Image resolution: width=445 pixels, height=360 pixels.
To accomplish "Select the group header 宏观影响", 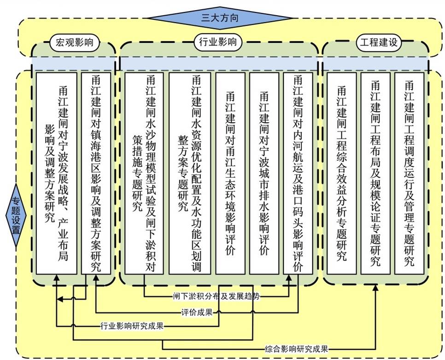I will (74, 43).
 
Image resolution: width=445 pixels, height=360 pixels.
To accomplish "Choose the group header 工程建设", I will (378, 43).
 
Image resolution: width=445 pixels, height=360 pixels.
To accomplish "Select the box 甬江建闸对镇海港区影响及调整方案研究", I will (96, 173).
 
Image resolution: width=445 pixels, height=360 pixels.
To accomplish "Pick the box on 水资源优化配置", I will (189, 173).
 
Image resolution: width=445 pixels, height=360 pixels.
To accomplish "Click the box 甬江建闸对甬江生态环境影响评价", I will (230, 173).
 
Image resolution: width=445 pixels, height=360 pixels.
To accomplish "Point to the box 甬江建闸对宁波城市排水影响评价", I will (264, 173).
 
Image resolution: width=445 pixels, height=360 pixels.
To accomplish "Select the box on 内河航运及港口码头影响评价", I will (298, 173).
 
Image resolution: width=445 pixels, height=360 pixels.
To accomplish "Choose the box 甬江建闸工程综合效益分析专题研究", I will (341, 173).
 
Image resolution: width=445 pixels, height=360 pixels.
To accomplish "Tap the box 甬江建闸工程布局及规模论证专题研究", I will (375, 173).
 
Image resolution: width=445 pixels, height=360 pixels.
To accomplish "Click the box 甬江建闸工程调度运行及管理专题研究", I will (409, 173).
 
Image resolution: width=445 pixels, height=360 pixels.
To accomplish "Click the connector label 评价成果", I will (196, 313).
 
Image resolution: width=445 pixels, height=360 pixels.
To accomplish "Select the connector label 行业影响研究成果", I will (132, 327).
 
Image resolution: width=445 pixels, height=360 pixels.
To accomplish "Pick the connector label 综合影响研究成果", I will (297, 349).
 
